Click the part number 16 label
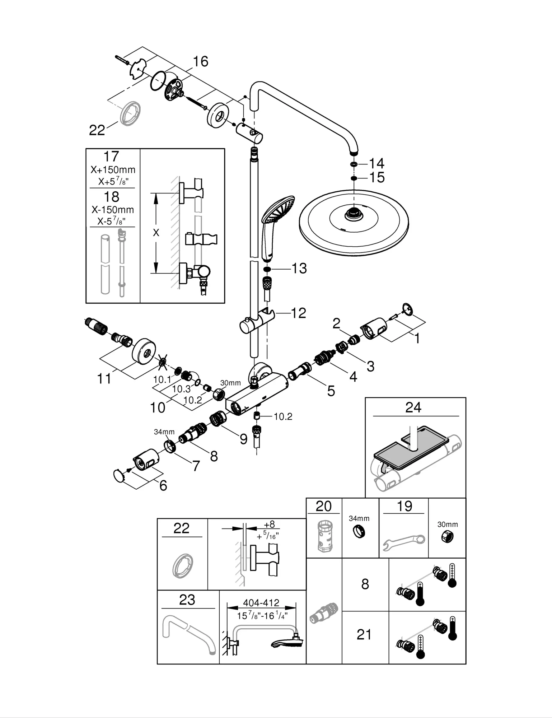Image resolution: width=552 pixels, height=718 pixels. pos(201,61)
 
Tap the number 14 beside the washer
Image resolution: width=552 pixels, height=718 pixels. pos(376,164)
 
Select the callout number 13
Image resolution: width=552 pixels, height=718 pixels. pos(299,269)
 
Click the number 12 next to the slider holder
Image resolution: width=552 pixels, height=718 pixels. pos(298,313)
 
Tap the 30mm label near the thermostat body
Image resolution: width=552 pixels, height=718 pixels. pos(230,383)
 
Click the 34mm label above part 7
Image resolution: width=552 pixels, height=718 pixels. pos(164,432)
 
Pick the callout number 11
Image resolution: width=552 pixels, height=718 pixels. pos(104,378)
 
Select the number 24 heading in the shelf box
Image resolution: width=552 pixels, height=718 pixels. pos(413,407)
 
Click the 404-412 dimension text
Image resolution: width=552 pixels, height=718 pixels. pos(261,603)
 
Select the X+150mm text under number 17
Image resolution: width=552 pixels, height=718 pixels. pos(113,170)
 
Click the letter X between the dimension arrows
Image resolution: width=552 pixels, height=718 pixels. pos(156,233)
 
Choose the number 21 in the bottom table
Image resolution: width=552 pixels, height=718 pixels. pos(364,635)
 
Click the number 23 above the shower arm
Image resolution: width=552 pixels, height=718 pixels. pos(187,600)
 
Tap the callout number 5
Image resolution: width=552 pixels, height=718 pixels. pos(331,391)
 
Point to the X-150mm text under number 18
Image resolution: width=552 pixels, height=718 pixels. pos(113,210)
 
